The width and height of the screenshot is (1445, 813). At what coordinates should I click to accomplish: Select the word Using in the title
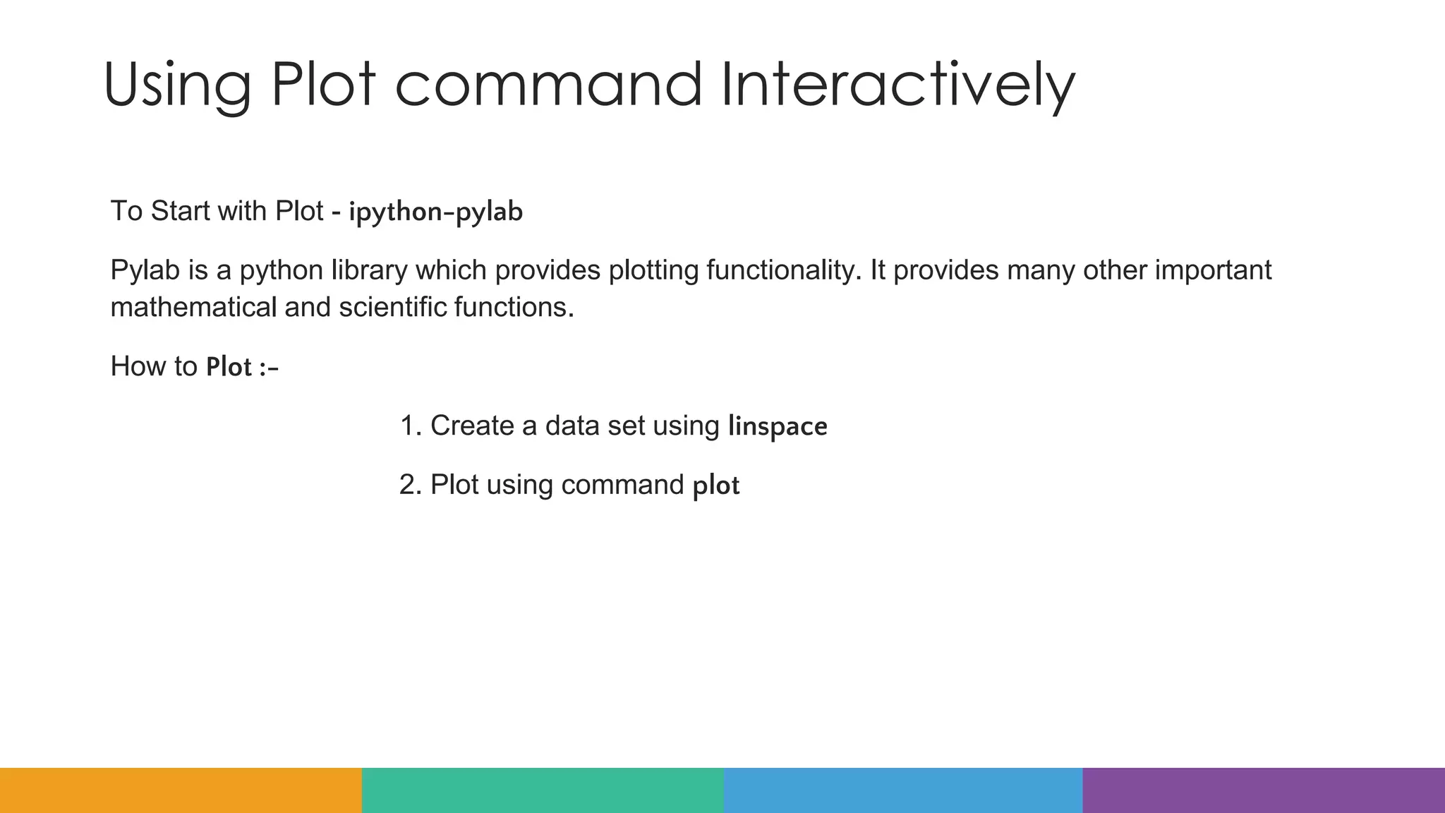[x=177, y=86]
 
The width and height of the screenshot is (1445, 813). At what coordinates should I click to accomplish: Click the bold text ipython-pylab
[x=435, y=212]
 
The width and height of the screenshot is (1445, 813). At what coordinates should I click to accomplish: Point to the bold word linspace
[x=778, y=426]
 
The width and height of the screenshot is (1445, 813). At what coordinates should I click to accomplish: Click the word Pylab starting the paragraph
[x=145, y=271]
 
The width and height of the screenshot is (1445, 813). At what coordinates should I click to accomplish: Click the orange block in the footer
[x=181, y=790]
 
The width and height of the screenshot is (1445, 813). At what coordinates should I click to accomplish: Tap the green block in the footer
[x=543, y=790]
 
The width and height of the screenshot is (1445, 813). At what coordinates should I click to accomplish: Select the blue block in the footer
[x=903, y=790]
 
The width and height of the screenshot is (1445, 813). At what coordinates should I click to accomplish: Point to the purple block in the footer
[x=1264, y=790]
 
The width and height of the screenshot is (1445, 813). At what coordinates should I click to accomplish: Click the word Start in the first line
[x=180, y=212]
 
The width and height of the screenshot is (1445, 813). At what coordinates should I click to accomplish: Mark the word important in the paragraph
[x=1213, y=271]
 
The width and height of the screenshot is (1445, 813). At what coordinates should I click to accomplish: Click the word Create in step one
[x=472, y=426]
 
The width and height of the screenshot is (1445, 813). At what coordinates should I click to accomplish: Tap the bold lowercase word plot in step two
[x=715, y=486]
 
